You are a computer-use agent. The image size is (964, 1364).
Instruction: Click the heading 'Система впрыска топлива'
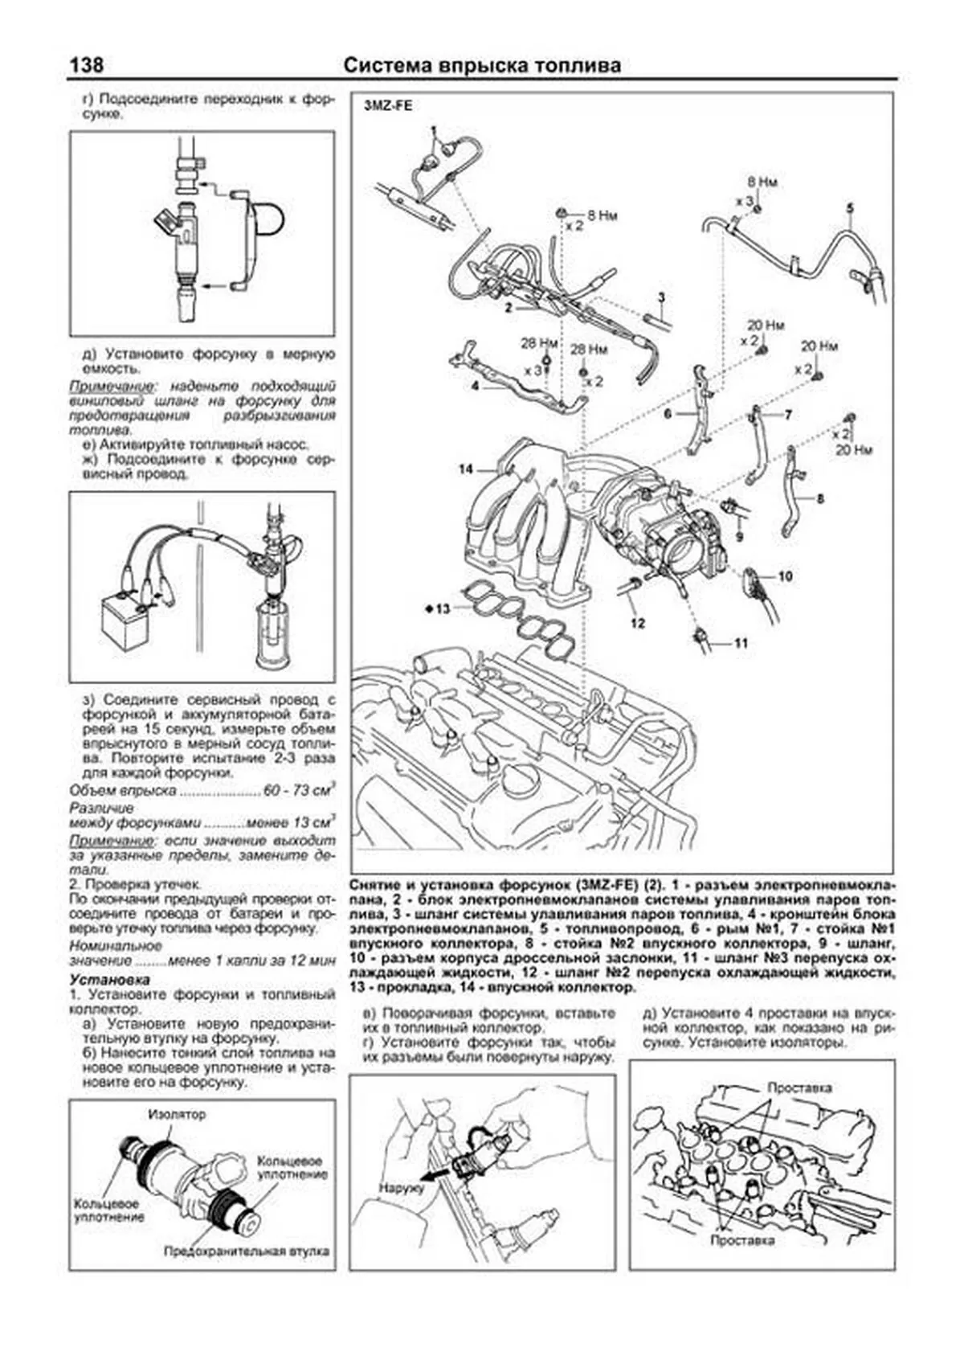click(482, 65)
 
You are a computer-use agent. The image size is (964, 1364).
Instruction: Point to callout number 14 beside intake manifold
click(466, 469)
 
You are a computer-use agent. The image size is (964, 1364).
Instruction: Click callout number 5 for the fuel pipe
click(850, 208)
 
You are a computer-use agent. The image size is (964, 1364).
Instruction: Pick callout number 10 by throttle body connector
click(785, 576)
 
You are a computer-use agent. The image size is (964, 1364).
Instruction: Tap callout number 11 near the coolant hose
click(741, 642)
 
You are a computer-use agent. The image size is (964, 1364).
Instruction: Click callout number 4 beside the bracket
click(475, 386)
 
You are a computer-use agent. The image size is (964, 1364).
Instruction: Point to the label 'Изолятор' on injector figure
click(176, 1114)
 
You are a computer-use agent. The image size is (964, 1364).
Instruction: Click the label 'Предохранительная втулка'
click(247, 1251)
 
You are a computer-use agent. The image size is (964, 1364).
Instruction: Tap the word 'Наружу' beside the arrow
click(401, 1186)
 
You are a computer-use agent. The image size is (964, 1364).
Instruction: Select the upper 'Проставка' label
click(799, 1088)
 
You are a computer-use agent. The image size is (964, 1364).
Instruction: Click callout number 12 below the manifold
click(637, 623)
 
